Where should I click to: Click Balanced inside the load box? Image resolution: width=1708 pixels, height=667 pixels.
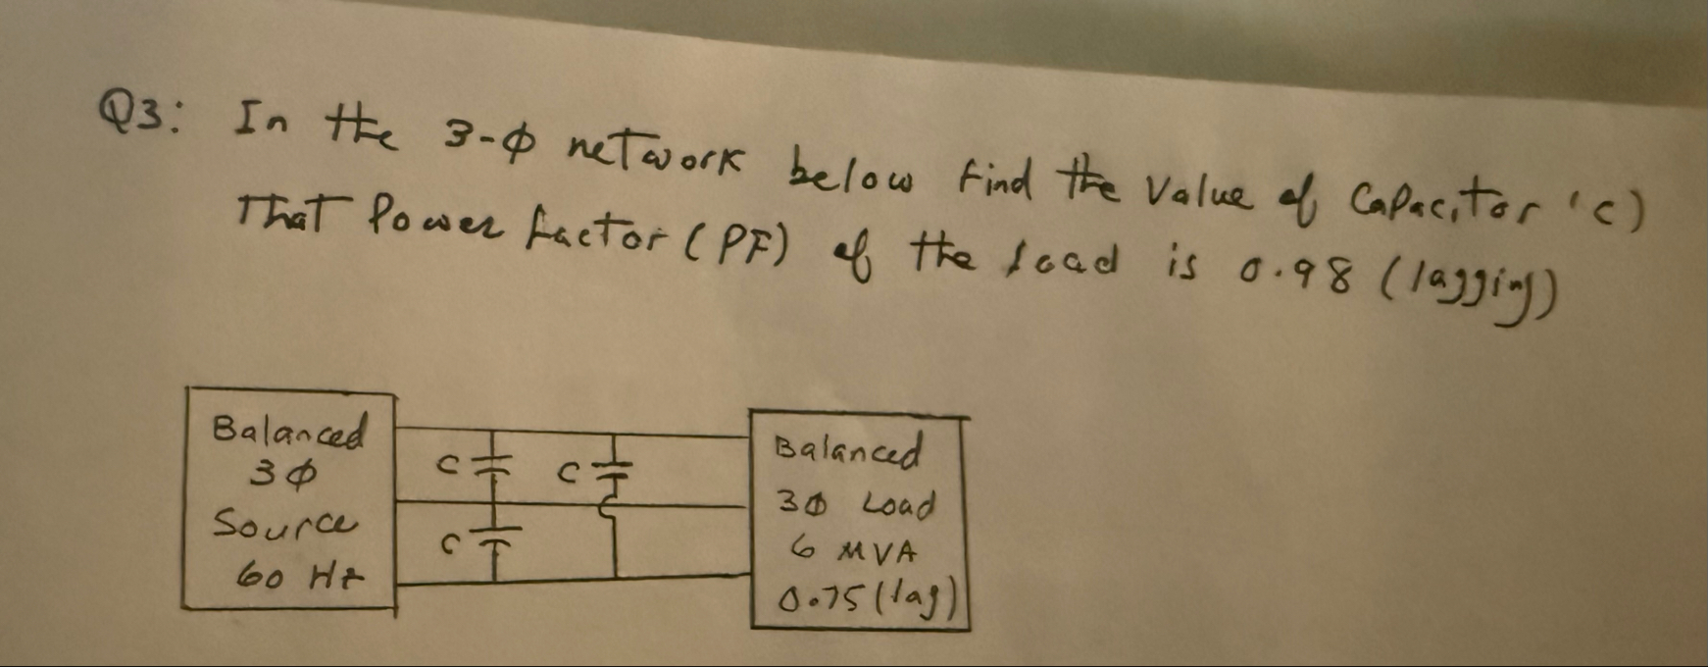(849, 453)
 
